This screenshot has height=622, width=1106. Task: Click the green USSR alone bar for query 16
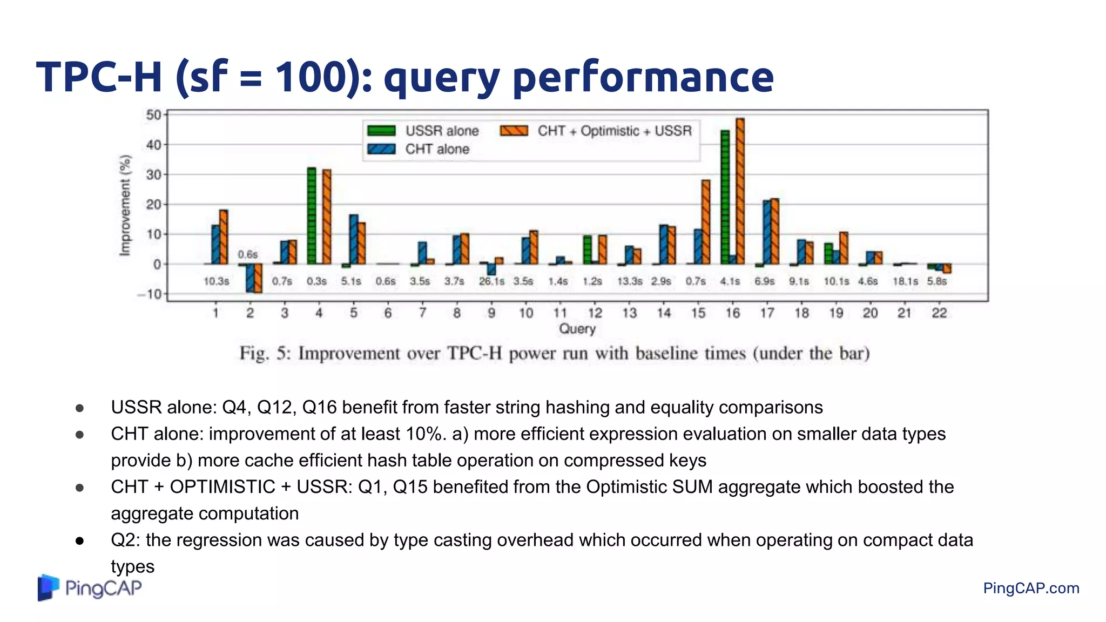725,197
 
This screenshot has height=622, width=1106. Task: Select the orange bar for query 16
740,191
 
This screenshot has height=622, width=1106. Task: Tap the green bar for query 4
312,216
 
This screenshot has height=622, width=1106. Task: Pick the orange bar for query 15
706,222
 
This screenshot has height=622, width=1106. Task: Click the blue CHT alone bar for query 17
767,232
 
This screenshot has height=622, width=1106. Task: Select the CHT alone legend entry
419,149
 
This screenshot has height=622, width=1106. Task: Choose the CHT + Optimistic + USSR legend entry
596,131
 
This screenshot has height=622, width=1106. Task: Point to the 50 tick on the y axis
153,114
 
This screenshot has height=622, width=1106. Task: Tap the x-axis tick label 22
939,313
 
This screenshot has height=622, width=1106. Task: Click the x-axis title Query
577,329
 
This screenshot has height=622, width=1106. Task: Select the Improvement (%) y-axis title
125,205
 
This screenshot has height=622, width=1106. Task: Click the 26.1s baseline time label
491,281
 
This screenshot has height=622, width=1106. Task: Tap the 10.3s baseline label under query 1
216,281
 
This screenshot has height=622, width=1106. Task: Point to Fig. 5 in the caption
265,353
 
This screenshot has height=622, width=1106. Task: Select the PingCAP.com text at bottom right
1031,588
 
